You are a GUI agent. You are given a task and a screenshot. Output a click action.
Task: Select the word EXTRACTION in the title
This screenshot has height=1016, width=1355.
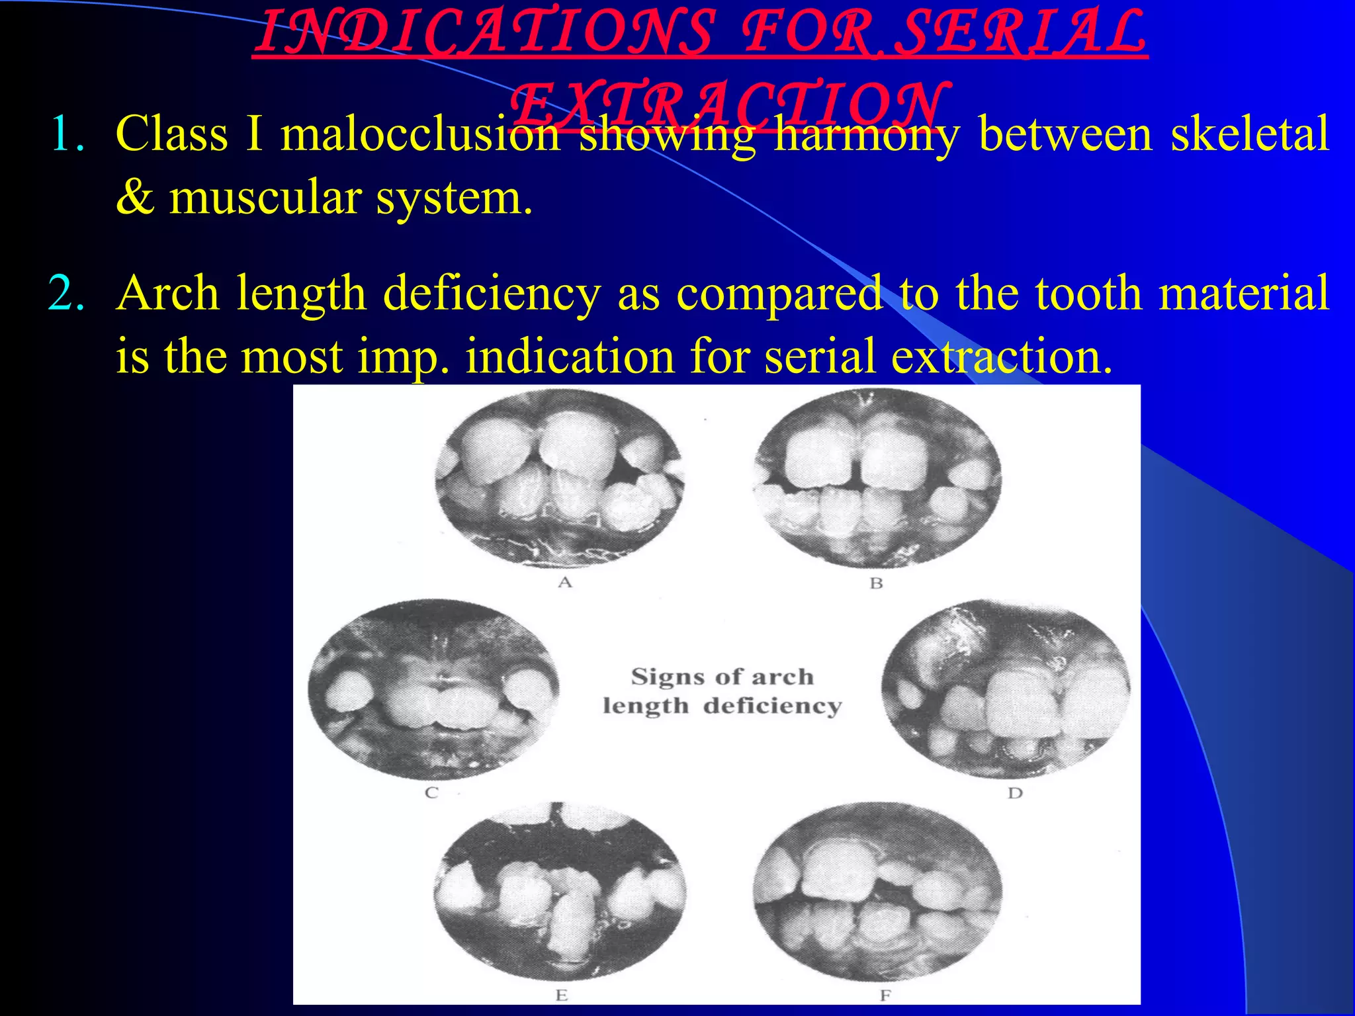tap(728, 106)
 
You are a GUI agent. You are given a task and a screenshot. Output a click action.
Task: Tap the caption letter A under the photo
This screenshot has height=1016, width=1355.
tap(564, 582)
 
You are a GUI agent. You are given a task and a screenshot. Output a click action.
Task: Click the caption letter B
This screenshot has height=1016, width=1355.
tap(876, 583)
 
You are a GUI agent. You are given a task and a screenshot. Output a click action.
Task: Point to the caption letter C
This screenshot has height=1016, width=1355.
tap(431, 792)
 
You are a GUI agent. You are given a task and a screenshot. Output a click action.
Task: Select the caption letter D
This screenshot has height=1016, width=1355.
tap(1015, 793)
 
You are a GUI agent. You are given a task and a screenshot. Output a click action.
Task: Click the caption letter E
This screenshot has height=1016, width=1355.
tap(562, 995)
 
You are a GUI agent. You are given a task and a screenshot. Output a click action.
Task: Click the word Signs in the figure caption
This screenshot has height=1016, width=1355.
tap(669, 677)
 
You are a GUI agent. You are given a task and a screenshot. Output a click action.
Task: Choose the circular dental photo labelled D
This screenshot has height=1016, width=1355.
tap(1006, 689)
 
